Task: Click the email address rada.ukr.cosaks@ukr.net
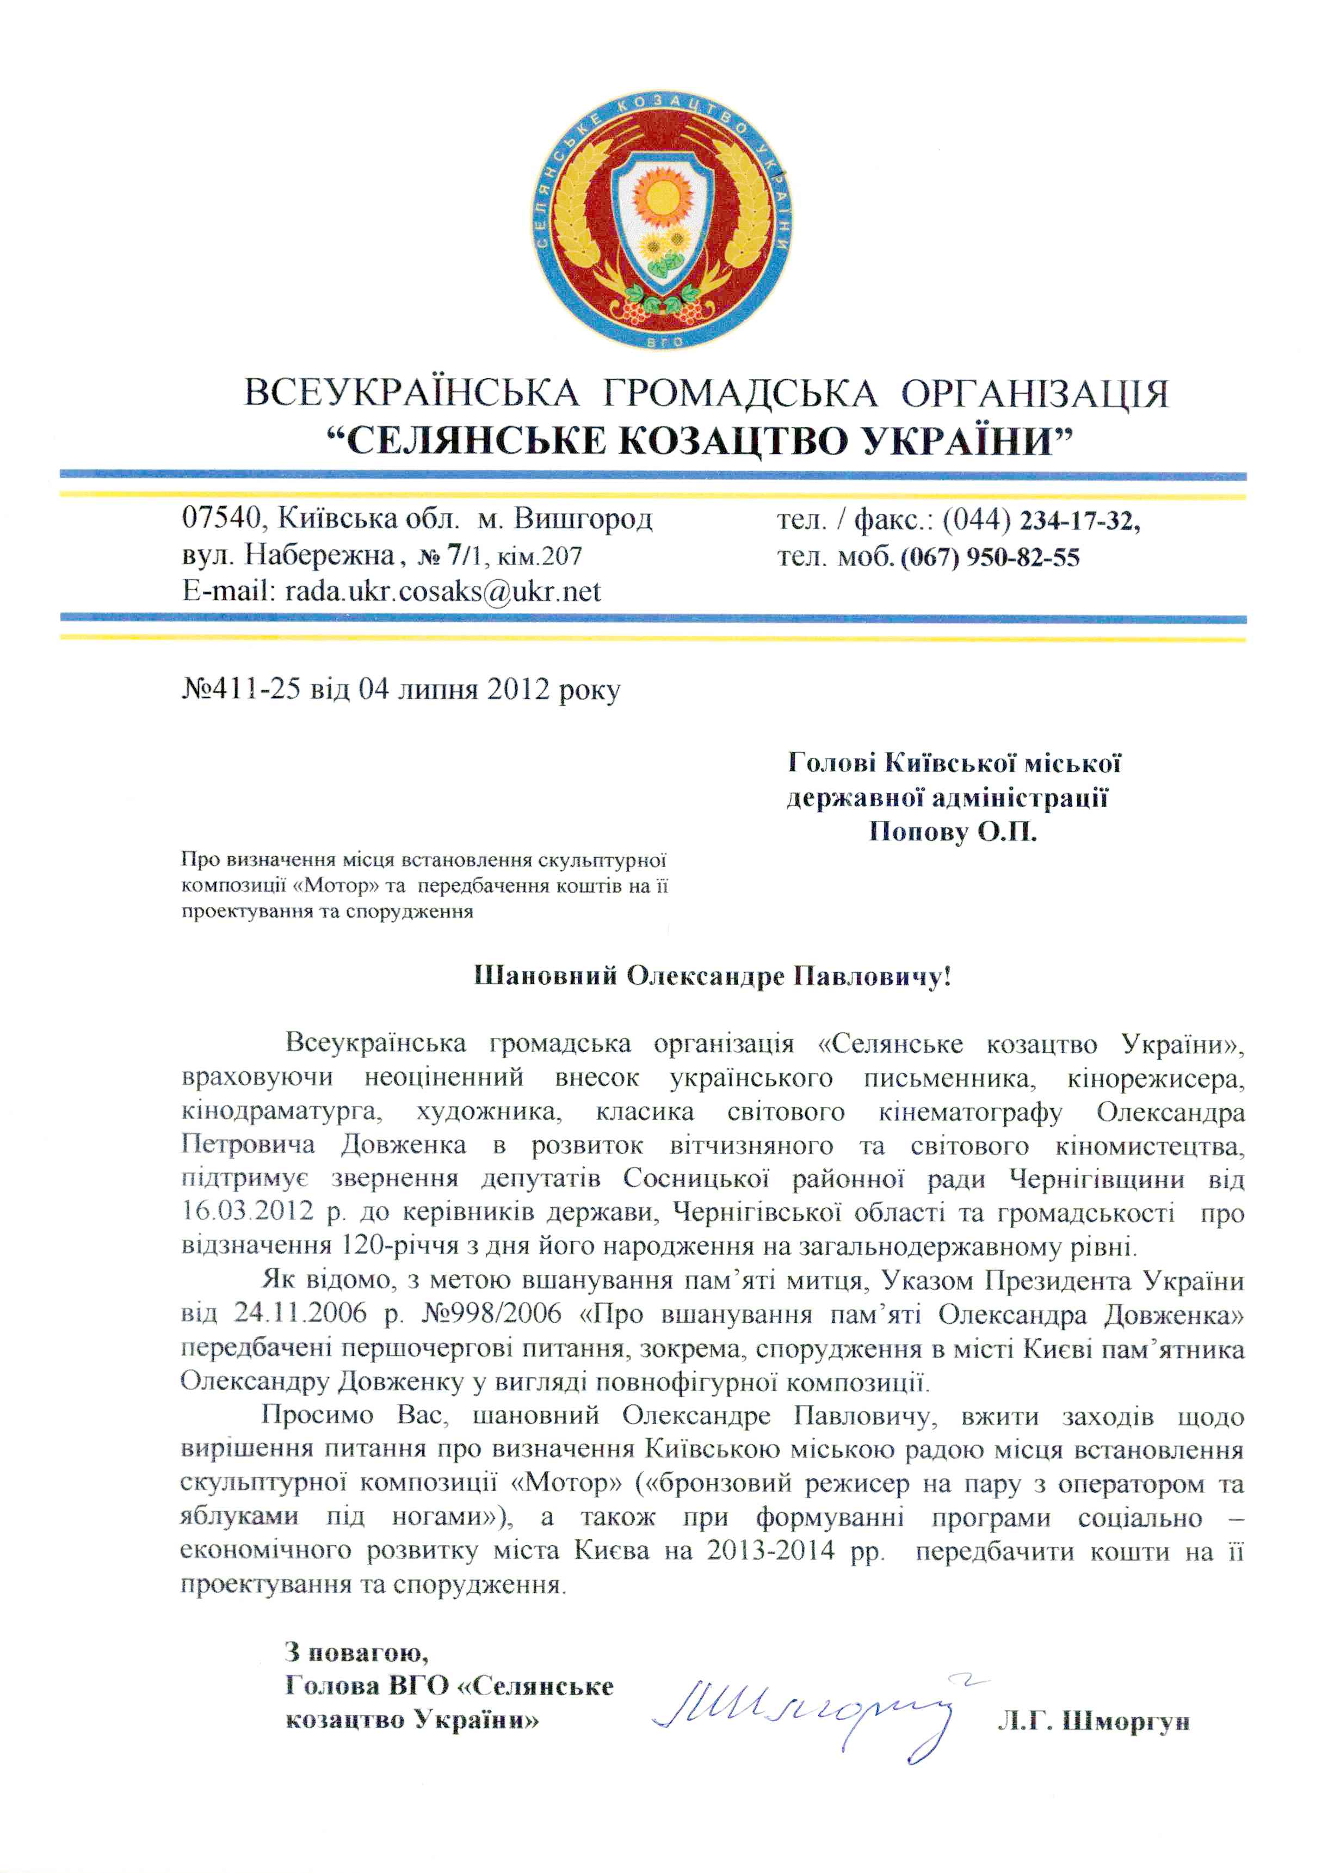(442, 591)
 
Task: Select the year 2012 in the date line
(517, 690)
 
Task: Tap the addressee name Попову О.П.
(952, 833)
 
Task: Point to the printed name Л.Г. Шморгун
(1094, 1723)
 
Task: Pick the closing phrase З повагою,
(356, 1652)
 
